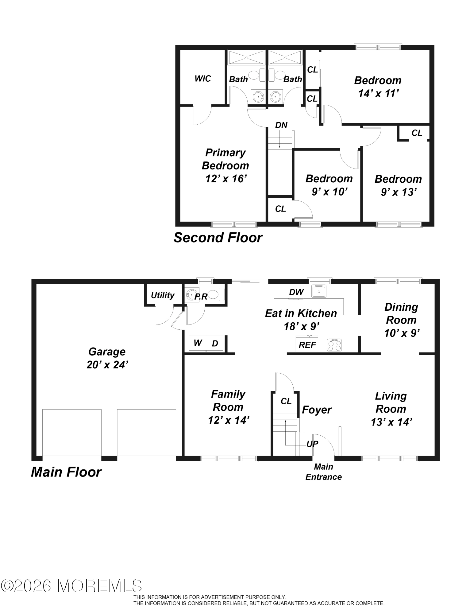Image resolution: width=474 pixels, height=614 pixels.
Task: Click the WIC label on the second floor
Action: pos(202,79)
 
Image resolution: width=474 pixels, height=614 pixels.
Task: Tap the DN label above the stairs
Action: pos(281,125)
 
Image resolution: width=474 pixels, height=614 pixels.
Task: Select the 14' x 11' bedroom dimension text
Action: pos(378,93)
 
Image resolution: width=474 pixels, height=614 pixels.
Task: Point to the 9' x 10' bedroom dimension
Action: pos(329,192)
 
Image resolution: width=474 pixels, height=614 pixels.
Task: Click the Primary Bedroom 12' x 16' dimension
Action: pos(226,179)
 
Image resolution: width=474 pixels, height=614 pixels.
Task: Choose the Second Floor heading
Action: pos(218,238)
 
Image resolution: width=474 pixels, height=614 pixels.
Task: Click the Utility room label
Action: pos(163,295)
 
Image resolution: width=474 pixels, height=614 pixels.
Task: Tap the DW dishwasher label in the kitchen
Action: pos(296,292)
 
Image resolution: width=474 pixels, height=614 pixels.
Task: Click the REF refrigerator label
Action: pos(307,345)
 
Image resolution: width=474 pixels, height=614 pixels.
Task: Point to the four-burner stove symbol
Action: pos(334,345)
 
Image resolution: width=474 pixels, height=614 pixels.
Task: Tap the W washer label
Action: pos(198,343)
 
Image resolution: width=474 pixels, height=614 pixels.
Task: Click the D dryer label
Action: pos(215,344)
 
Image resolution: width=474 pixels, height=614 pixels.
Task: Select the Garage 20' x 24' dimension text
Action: pos(107,365)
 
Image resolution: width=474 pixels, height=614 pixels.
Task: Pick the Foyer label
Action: pos(317,410)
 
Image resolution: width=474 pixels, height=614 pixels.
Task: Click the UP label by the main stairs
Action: pos(312,444)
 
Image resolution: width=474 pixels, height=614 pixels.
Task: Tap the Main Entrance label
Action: pos(323,472)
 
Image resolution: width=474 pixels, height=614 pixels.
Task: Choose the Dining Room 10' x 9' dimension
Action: pos(402,333)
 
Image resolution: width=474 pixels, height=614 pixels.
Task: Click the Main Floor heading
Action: pos(66,472)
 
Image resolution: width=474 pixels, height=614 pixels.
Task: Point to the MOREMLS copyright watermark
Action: pos(71,586)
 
